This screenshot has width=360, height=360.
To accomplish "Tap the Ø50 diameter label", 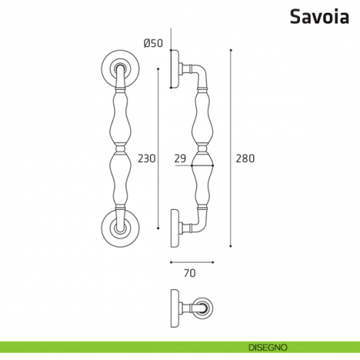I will click(153, 42).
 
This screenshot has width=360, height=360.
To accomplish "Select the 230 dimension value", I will click(147, 157).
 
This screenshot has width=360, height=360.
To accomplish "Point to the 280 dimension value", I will click(244, 157).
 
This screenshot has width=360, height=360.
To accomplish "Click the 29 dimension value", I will click(180, 157).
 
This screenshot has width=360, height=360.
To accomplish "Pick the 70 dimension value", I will click(190, 274).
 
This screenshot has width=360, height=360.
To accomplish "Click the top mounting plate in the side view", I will click(174, 68).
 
